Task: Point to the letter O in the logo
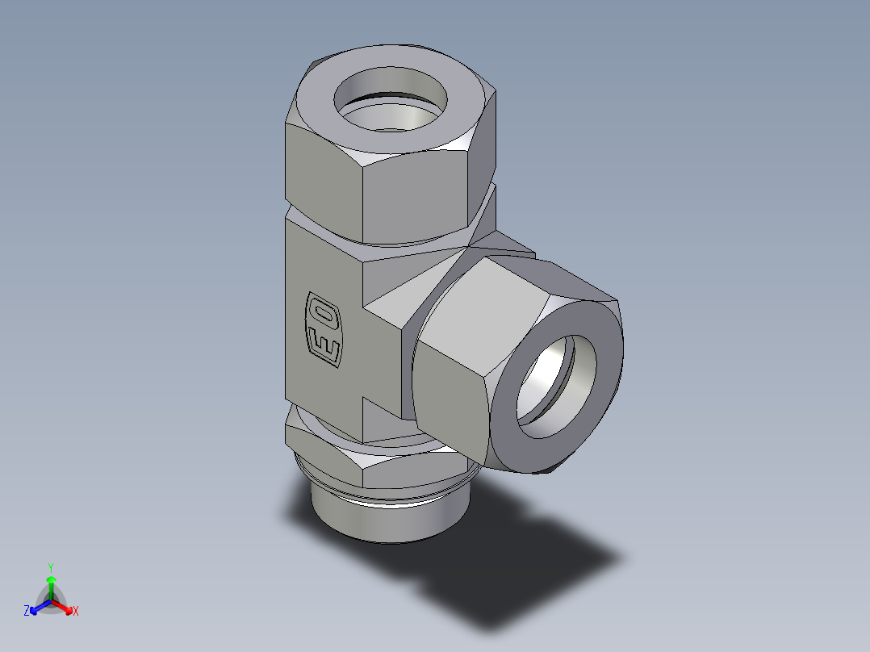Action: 324,311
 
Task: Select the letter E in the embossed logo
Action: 324,346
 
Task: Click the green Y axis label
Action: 50,566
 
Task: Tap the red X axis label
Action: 75,612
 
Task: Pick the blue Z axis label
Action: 27,612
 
